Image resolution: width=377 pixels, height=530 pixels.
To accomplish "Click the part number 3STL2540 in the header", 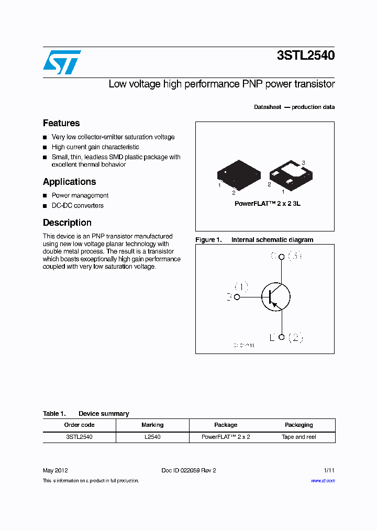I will [306, 56].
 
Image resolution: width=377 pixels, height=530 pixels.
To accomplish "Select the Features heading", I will [61, 123].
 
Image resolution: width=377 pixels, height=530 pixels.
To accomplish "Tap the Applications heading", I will [69, 182].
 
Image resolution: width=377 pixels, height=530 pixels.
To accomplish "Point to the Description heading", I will [67, 223].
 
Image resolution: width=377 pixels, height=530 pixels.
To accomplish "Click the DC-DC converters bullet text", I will [77, 205].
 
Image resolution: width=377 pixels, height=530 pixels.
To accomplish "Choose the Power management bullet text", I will [80, 195].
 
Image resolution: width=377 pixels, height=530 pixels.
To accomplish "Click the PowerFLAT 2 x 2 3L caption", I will [267, 203].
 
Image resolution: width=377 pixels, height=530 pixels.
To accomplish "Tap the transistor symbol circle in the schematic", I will [275, 297].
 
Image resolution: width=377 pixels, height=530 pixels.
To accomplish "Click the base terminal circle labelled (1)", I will [237, 297].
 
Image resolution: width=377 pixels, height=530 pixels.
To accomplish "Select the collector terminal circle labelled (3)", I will [282, 257].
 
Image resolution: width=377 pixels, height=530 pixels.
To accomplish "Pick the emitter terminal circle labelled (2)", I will [282, 337].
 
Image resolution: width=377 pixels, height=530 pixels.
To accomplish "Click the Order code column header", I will [79, 425].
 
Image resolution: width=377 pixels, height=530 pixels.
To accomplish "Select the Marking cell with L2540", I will [152, 437].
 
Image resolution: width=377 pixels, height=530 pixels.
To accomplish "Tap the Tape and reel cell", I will [299, 437].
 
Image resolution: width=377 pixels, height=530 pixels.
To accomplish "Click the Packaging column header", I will [299, 425].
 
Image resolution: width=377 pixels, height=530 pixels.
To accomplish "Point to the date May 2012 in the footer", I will [55, 470].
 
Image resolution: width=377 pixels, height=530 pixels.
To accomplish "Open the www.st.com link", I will [323, 481].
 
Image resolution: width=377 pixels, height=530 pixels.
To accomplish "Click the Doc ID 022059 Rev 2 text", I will [188, 470].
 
